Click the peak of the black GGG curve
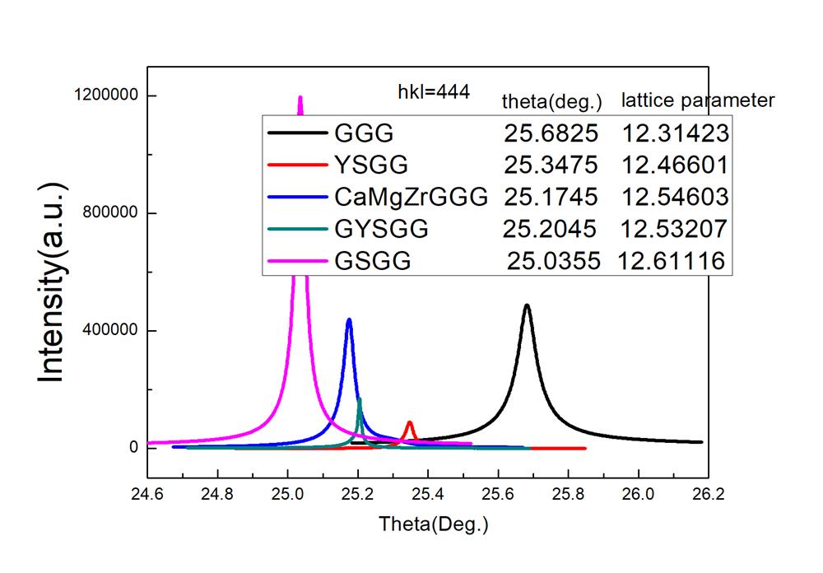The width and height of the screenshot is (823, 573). click(527, 306)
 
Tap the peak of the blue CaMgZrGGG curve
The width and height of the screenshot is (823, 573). click(349, 320)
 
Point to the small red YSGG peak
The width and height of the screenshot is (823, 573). click(409, 424)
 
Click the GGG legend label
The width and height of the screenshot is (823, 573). click(364, 133)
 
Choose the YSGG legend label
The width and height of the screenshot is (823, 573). click(371, 165)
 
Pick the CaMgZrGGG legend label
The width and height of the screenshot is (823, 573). click(411, 197)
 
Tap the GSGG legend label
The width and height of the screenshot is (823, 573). click(372, 261)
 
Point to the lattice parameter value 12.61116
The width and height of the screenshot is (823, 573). click(672, 261)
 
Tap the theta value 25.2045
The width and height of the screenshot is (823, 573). click(551, 229)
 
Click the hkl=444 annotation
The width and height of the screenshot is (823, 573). click(433, 91)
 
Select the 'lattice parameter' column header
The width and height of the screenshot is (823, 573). click(698, 100)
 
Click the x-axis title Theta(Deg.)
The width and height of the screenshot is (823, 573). click(434, 524)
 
